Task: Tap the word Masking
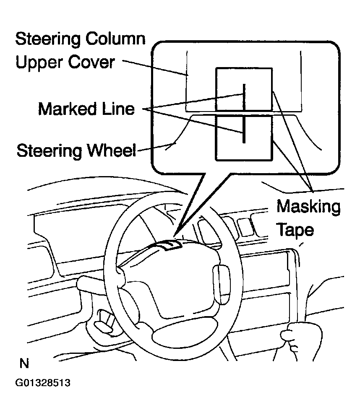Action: pos(308,207)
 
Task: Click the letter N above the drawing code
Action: pos(24,363)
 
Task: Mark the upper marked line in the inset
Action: pos(243,96)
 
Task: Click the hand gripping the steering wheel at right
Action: pos(296,333)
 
